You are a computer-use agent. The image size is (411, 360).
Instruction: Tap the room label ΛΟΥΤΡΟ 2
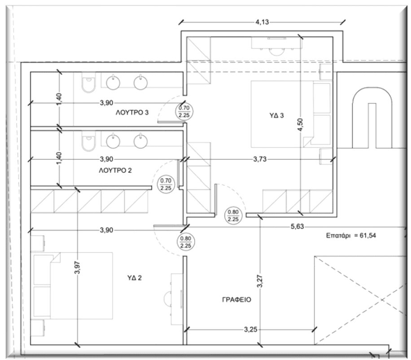click(x=114, y=171)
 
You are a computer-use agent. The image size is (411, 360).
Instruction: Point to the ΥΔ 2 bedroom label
click(x=134, y=278)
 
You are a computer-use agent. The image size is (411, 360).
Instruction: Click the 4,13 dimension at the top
click(x=263, y=21)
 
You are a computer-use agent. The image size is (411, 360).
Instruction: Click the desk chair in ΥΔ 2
click(x=169, y=298)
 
